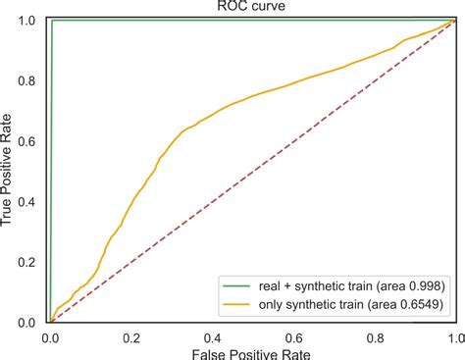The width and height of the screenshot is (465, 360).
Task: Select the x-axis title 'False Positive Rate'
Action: tap(251, 351)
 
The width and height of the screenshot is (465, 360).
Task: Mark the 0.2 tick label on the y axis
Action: tap(30, 262)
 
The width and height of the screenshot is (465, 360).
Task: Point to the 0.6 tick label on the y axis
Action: tap(30, 141)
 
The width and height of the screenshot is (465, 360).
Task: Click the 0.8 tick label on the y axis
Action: tap(30, 80)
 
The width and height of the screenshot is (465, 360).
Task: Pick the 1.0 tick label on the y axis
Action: tap(30, 21)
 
